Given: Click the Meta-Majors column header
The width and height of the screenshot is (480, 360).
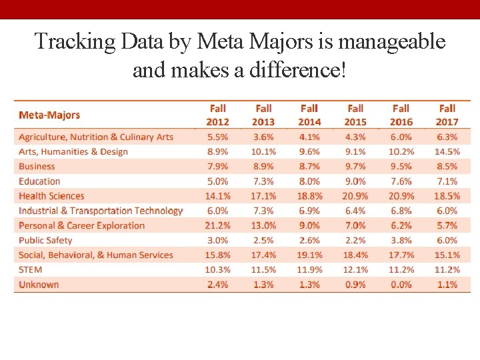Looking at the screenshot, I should coord(49,115).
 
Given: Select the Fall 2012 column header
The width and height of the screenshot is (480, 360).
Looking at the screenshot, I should coord(217,115).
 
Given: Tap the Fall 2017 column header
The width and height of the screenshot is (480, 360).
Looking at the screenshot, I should coord(447,115).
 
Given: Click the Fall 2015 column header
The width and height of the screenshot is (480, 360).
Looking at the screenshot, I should coord(355,115).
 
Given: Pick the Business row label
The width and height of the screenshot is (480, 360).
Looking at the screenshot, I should coord(37,167).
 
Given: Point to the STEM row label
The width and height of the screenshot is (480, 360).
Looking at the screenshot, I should coord(30,270).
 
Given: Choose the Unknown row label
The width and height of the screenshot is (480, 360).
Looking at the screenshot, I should coord(39,285).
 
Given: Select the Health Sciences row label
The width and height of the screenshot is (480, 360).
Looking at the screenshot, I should coord(51,196).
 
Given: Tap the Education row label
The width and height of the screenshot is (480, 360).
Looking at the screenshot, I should coord(39,181).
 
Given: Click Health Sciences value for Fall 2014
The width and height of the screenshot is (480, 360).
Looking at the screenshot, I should coord(309,196).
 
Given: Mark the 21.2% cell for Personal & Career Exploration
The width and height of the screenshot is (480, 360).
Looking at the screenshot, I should coord(218,225).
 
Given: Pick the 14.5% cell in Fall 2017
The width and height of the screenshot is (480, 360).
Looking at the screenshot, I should coord(447,152).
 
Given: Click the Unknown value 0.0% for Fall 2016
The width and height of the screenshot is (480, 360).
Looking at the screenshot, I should coord(401,285).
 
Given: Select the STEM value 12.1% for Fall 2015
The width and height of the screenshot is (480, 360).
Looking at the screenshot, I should coord(355,270).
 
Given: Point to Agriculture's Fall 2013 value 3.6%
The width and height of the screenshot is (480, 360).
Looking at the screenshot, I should coord(263,137).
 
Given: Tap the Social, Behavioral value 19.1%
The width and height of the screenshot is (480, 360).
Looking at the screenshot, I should coord(309,255).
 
